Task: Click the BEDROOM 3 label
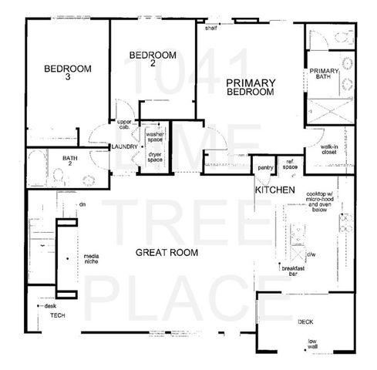pos(67,72)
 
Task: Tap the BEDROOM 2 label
pos(152,59)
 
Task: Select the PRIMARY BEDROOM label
pos(251,86)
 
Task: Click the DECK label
pos(305,322)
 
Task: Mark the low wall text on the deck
pos(313,345)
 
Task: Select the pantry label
pos(266,167)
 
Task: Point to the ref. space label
pos(290,165)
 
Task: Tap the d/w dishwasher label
pos(311,254)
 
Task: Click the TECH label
pos(57,316)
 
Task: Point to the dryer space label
pos(155,156)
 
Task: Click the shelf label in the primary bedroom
pos(211,27)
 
